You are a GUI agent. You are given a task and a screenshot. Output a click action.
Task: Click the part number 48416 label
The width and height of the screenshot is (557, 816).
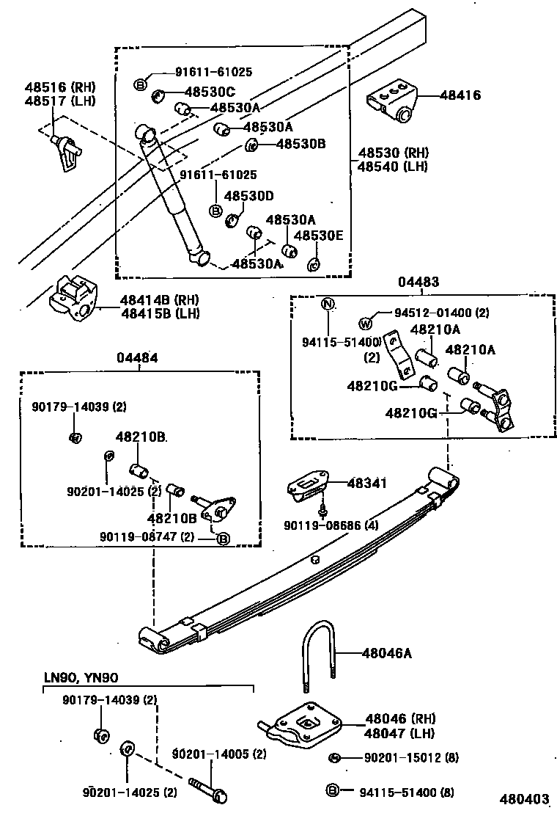tap(460, 95)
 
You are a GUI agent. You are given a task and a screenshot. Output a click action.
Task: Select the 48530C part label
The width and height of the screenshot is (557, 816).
tap(210, 92)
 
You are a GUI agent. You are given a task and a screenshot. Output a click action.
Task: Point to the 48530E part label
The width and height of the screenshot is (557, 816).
tap(318, 236)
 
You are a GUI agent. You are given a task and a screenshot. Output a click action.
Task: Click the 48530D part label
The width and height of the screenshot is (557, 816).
tap(248, 196)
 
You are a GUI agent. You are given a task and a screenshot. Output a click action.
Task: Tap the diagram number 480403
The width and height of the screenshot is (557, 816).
tap(524, 799)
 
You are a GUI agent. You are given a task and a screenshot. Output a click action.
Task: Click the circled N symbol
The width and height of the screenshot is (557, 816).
tap(328, 305)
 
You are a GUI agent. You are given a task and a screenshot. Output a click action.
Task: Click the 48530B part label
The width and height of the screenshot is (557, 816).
tap(300, 144)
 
